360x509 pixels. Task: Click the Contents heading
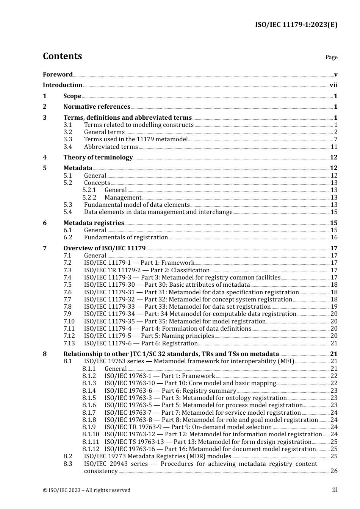tap(62, 56)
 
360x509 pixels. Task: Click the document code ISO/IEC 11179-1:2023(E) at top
tap(296, 25)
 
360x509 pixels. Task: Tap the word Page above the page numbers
tap(331, 57)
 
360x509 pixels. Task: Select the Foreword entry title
tap(58, 75)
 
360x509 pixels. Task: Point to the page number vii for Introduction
tap(333, 85)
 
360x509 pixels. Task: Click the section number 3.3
tap(67, 139)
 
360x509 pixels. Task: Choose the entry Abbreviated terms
tap(111, 147)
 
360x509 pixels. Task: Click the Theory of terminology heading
tap(98, 158)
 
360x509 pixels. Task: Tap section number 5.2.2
tap(89, 198)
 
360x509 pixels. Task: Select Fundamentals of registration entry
tap(126, 237)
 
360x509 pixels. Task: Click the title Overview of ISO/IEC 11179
tap(104, 248)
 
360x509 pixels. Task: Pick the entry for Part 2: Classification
tap(147, 270)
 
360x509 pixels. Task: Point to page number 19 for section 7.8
tap(334, 307)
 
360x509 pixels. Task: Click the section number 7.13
tap(69, 343)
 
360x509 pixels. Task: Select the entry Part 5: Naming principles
tap(149, 336)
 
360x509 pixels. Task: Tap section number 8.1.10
tap(91, 434)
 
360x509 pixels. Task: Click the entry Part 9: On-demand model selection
tap(188, 427)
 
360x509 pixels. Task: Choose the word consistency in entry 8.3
tap(101, 471)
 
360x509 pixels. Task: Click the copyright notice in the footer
tap(86, 490)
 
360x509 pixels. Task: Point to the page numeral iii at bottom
tap(335, 490)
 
